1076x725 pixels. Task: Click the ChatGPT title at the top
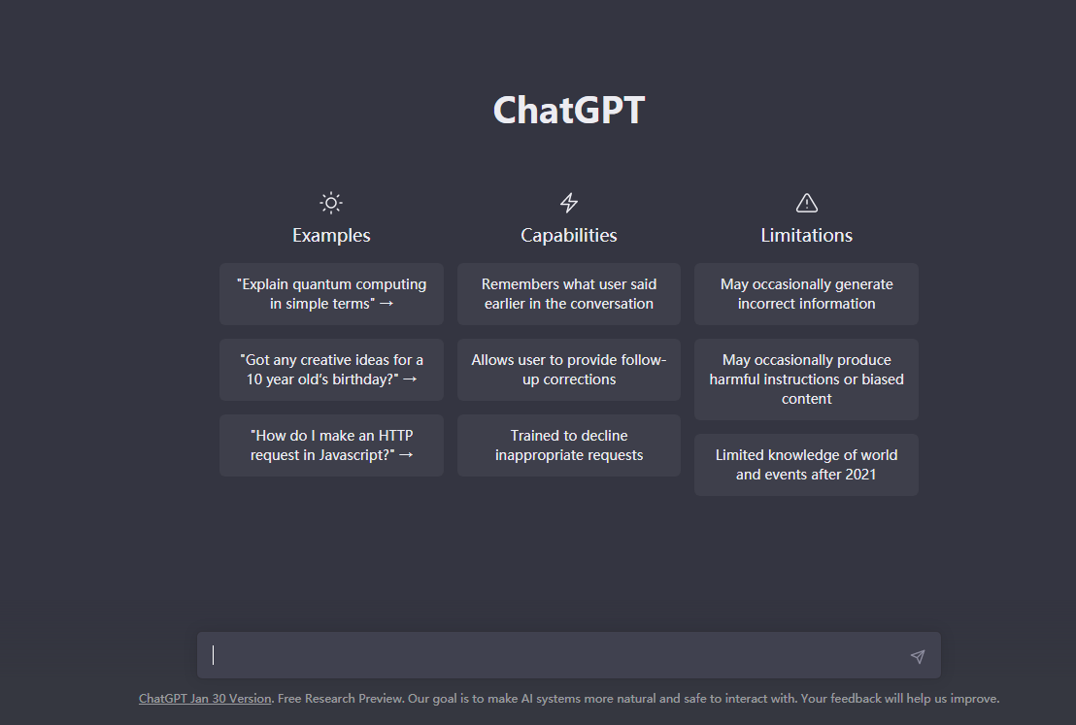tap(569, 110)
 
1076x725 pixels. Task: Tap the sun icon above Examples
tap(331, 203)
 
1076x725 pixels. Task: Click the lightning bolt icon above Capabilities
tap(569, 203)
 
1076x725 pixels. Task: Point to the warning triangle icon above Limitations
tap(806, 203)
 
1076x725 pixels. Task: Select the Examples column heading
tap(331, 235)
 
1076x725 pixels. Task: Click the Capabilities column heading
tap(569, 235)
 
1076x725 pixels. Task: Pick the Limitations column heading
tap(806, 235)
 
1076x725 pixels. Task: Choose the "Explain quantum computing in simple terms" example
tap(331, 294)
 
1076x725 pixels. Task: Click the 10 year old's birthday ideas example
tap(331, 370)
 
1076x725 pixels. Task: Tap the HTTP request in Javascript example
tap(331, 445)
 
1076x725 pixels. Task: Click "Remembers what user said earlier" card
tap(569, 294)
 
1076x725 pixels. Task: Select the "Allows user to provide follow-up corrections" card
tap(569, 370)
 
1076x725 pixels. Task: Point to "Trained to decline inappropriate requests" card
tap(569, 445)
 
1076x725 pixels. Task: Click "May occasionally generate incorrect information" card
tap(806, 294)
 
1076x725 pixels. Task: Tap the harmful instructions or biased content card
tap(806, 379)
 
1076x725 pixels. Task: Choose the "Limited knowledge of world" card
tap(806, 464)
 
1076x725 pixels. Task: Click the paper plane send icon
tap(918, 656)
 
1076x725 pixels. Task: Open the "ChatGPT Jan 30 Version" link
tap(205, 699)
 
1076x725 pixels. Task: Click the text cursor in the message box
tap(214, 655)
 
